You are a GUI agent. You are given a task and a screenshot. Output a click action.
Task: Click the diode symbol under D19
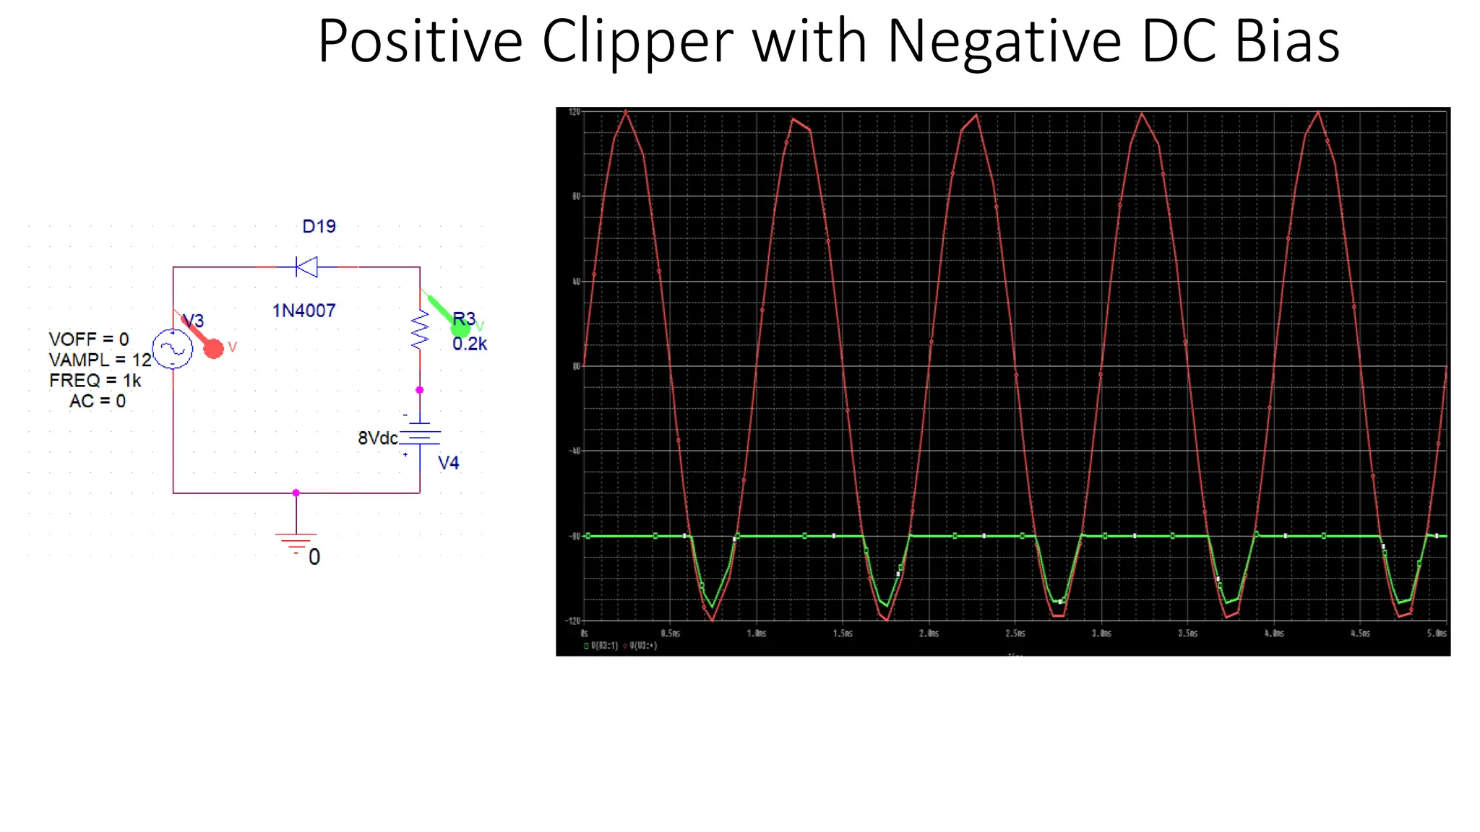(307, 267)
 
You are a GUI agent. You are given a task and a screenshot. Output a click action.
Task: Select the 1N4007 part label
(304, 311)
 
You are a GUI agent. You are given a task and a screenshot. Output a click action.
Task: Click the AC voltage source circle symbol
(173, 350)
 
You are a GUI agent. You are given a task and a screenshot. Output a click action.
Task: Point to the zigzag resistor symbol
(419, 331)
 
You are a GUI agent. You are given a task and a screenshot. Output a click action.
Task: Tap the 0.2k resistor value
(470, 344)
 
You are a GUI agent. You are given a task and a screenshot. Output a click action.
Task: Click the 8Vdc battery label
(377, 438)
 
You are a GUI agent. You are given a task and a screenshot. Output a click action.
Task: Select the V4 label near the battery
(448, 463)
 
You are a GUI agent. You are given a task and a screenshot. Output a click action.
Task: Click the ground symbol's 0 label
(314, 557)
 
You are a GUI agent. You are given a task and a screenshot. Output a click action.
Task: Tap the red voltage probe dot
(213, 349)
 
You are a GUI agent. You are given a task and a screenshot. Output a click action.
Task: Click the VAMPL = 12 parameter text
(100, 360)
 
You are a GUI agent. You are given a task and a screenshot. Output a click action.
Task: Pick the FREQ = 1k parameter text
(95, 381)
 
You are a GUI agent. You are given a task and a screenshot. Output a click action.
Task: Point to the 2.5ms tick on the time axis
(1015, 633)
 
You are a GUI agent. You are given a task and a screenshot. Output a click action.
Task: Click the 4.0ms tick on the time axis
(1274, 633)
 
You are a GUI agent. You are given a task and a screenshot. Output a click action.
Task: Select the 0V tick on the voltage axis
(576, 366)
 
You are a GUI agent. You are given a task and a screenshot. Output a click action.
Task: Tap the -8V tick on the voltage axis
(575, 536)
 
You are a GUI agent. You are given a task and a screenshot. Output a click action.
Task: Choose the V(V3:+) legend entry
(642, 646)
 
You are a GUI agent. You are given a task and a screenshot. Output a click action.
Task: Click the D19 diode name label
(319, 227)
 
